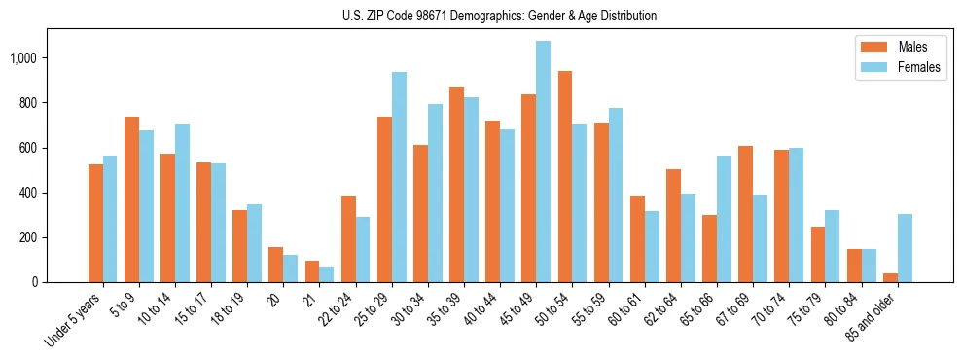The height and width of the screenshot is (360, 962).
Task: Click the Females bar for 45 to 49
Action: click(543, 162)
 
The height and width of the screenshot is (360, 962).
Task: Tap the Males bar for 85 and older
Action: click(890, 278)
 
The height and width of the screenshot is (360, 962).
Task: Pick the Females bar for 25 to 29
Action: click(399, 177)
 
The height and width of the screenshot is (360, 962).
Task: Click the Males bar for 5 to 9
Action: click(132, 199)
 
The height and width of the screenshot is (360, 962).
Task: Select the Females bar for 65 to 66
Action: click(724, 219)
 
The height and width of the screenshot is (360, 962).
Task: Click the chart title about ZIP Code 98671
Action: click(499, 16)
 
